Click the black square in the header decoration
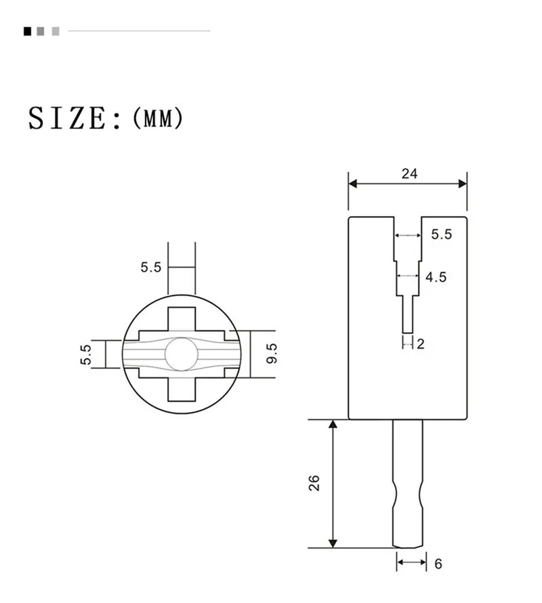pos(27,31)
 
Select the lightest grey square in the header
pos(56,31)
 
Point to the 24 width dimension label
pos(409,173)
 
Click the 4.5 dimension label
pos(436,276)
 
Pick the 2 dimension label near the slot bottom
pos(420,344)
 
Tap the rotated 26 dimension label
pos(313,483)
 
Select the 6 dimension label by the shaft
pos(438,563)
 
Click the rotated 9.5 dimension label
pos(272,353)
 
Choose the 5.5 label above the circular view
pos(151,267)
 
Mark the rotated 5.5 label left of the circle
pos(86,354)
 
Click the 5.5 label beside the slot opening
pos(441,235)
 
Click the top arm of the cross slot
pos(182,318)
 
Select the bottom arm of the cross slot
pos(182,389)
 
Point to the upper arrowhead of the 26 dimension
pos(333,425)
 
